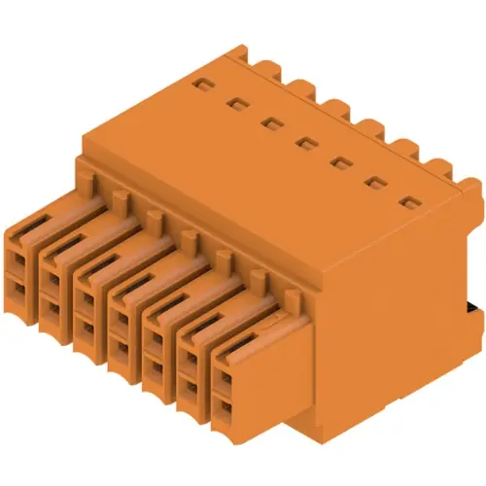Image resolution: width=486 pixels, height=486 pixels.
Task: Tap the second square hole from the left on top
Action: pos(235,101)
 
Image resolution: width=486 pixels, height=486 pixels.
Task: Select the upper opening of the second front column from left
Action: pos(52,280)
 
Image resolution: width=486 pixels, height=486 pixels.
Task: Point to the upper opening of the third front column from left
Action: pos(86,297)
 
